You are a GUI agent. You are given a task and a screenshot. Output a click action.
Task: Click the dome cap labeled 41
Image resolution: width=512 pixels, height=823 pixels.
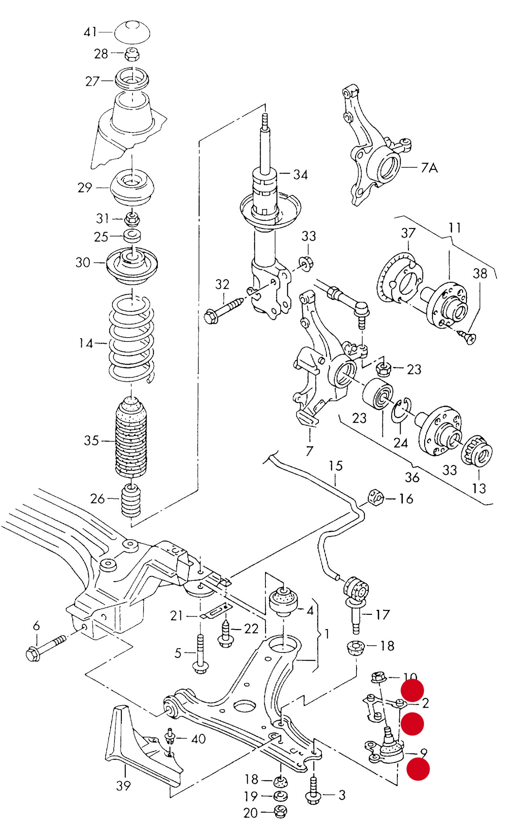tap(132, 32)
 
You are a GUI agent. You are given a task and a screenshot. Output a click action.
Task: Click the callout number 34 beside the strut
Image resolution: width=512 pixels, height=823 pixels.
tap(300, 175)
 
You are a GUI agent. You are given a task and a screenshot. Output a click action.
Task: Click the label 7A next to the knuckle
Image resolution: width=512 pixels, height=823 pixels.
tap(429, 167)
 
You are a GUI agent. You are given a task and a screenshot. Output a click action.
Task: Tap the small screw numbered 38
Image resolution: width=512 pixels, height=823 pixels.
tap(468, 337)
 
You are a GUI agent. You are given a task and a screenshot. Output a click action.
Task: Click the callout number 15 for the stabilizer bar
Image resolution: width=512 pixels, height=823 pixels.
tap(336, 466)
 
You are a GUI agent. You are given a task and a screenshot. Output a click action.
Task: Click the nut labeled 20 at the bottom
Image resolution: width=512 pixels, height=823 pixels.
tap(281, 811)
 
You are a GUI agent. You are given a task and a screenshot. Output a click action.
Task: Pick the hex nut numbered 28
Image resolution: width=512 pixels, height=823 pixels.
tap(132, 54)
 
